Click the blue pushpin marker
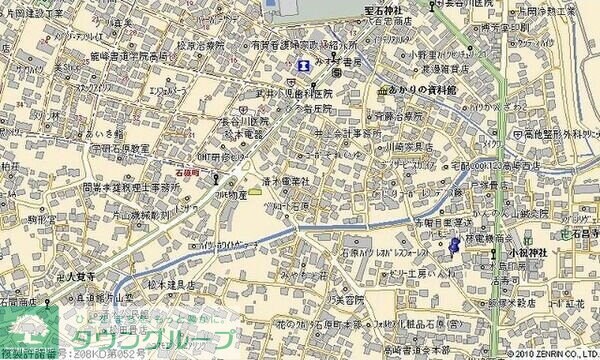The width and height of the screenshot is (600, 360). click(455, 244)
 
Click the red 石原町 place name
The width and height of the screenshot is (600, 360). click(188, 171)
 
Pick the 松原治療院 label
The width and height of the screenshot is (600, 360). click(201, 45)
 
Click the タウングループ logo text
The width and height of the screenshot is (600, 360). click(150, 337)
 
